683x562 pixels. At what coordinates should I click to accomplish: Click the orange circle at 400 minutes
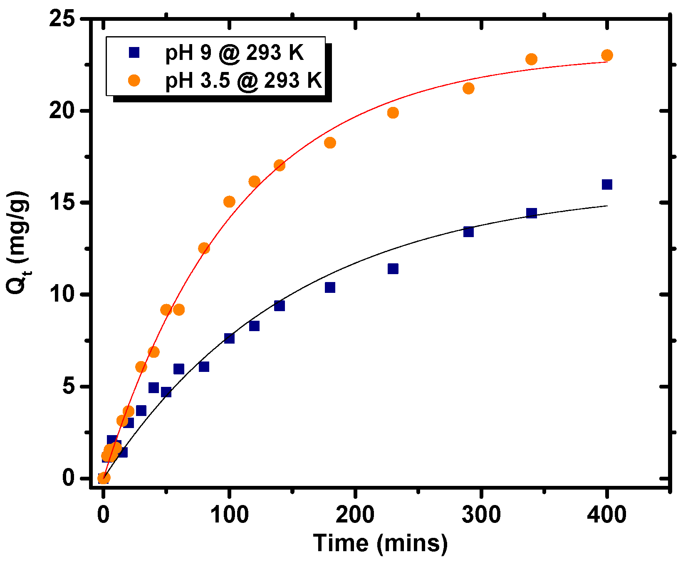607,55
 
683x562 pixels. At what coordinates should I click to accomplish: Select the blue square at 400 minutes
607,184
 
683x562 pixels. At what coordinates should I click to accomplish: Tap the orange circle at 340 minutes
531,59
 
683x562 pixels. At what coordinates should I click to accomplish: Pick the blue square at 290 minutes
468,232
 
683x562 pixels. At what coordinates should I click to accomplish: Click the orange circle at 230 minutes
393,113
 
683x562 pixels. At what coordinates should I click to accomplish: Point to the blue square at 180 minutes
330,287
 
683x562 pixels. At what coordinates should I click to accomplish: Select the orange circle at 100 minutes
229,202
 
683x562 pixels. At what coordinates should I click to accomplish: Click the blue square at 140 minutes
280,306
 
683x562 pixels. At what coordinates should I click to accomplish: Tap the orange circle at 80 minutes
204,248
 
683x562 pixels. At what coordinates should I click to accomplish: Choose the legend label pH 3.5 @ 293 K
244,80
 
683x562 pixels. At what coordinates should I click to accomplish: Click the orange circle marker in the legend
134,80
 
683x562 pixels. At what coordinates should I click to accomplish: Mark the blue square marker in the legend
134,52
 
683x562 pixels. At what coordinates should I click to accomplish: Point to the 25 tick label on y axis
62,19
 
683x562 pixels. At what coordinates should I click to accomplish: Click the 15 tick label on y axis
62,203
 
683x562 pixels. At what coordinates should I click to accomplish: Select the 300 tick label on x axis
481,515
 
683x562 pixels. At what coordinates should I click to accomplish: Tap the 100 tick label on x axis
229,515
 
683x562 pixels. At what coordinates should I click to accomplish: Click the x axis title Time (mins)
380,544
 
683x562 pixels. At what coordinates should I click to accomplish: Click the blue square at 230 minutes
393,269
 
